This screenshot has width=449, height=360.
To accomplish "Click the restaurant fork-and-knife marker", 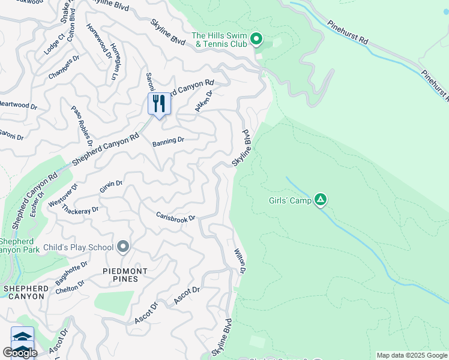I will (159, 103).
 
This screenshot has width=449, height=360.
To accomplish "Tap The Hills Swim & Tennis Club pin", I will (256, 40).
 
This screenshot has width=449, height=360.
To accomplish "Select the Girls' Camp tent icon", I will (321, 200).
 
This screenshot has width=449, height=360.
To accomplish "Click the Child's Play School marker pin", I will (123, 247).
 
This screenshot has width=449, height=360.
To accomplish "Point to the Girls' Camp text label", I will (290, 201).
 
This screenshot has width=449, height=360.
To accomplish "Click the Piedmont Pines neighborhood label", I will (127, 275).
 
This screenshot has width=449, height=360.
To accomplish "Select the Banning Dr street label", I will (168, 141).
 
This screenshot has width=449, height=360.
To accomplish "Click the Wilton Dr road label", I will (240, 262).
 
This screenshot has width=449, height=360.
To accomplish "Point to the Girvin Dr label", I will (111, 188).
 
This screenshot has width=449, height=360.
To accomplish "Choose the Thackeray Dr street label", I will (80, 211).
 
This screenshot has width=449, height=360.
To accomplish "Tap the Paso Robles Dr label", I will (82, 127).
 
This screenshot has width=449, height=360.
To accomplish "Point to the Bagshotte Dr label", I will (71, 272).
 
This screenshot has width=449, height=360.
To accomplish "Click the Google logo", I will (20, 353).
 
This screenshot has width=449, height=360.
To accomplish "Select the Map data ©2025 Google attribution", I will (412, 355).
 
